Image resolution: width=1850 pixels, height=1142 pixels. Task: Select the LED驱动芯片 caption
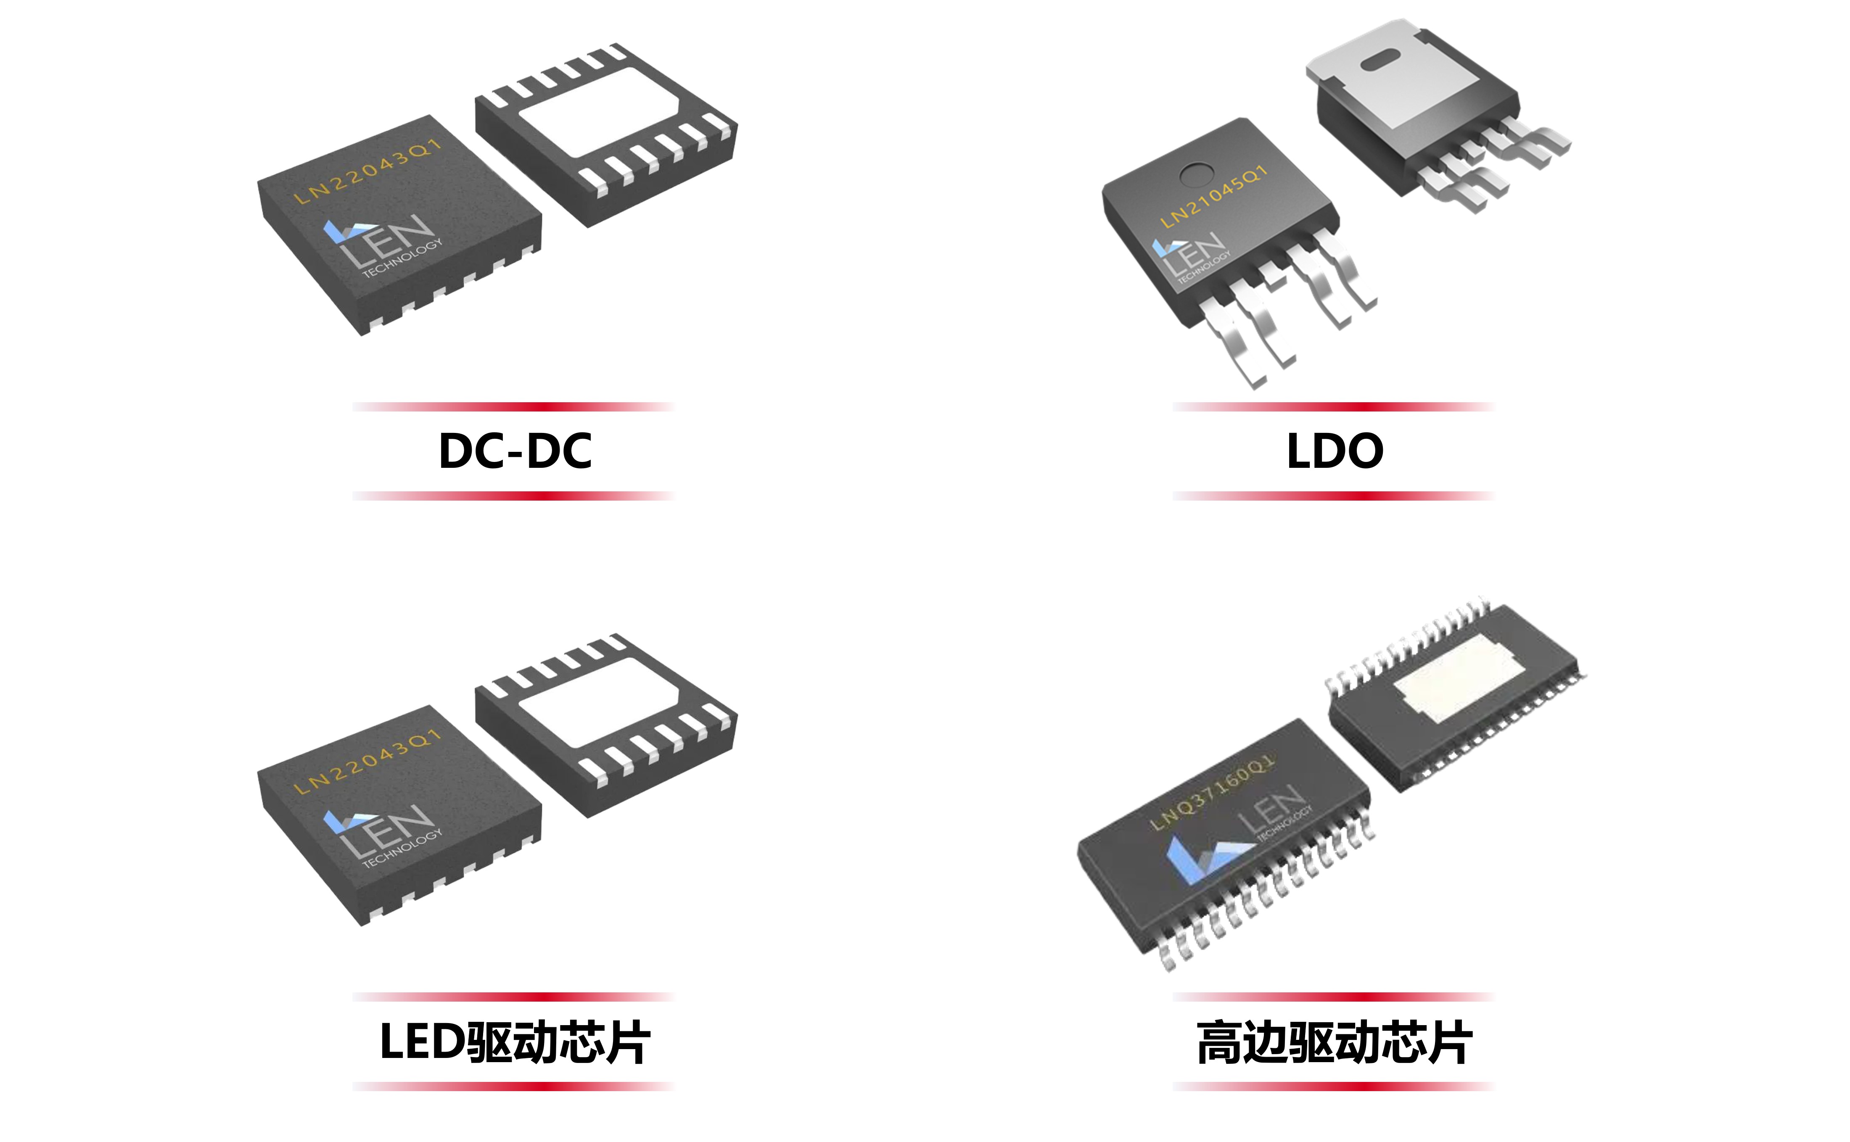pos(515,1042)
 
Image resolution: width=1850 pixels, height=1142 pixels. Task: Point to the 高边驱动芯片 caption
pos(1335,1042)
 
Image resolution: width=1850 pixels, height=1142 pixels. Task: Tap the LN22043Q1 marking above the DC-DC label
pos(367,171)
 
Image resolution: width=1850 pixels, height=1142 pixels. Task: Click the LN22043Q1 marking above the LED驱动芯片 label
pos(367,761)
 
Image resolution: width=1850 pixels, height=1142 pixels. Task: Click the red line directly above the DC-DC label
pos(514,407)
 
